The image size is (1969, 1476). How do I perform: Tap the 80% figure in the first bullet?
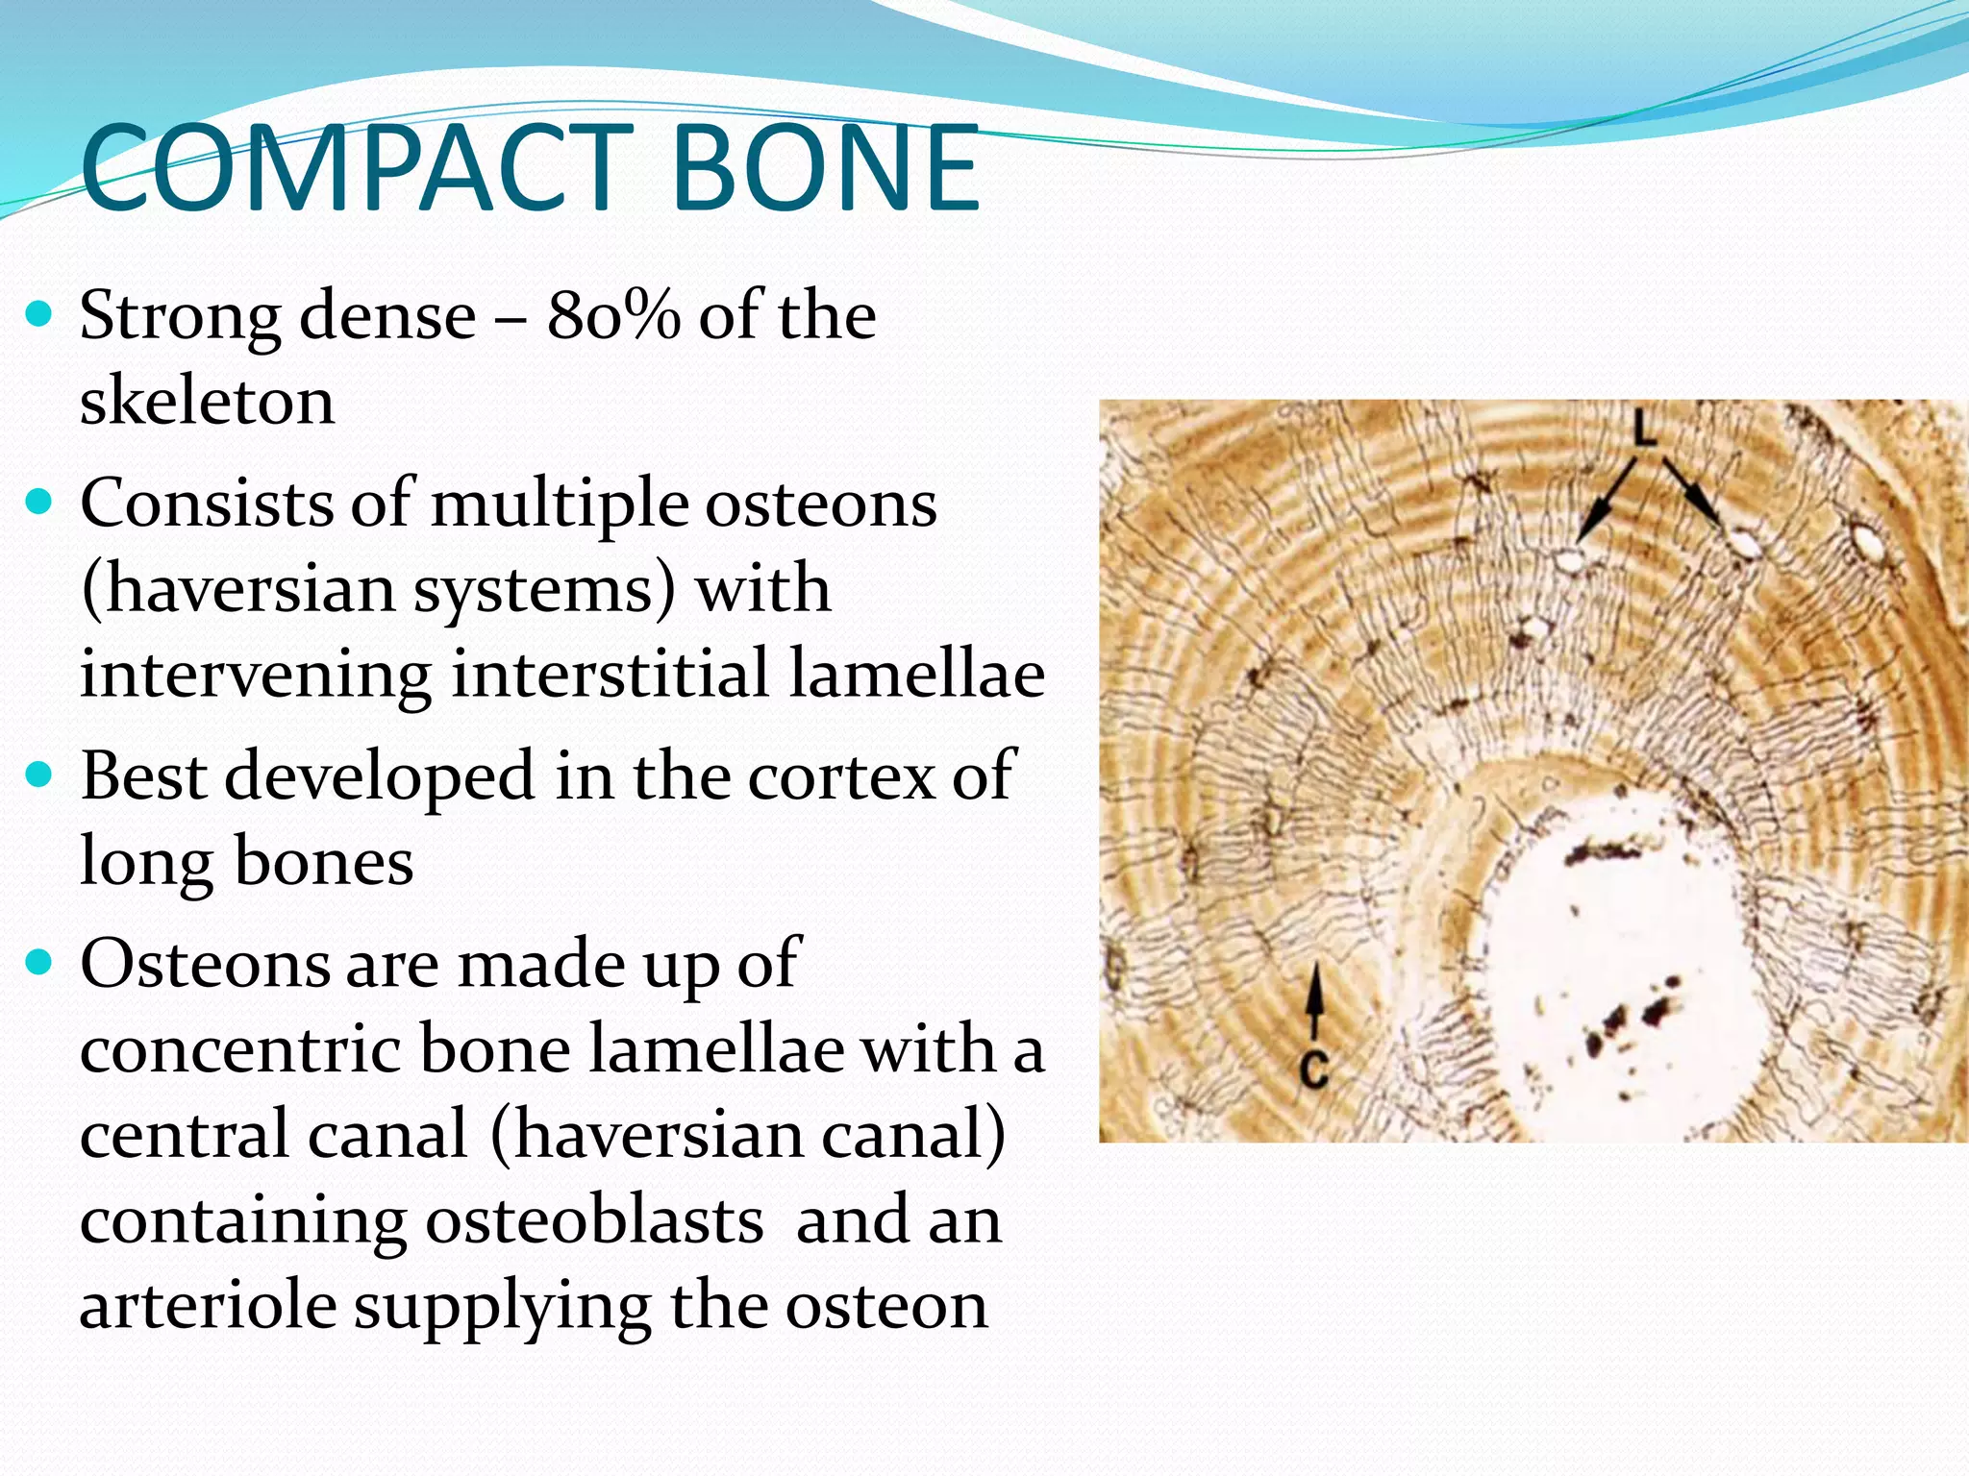[613, 315]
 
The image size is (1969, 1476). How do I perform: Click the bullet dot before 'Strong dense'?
[38, 314]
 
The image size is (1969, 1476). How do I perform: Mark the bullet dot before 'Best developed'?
[38, 775]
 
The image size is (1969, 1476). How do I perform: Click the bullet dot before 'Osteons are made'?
[38, 962]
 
